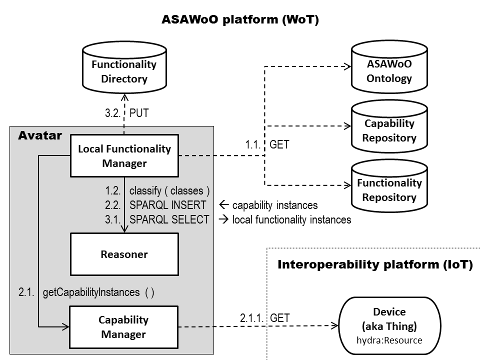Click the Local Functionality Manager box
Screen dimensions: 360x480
pyautogui.click(x=124, y=155)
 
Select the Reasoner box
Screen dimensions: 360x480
pyautogui.click(x=124, y=254)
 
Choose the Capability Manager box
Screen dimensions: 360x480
pyautogui.click(x=123, y=327)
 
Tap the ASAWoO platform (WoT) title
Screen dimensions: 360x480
pyautogui.click(x=240, y=20)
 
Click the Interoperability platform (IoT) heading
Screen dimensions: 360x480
pyautogui.click(x=375, y=264)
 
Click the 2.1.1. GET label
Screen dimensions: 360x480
pyautogui.click(x=264, y=317)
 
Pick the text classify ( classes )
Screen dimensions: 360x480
pyautogui.click(x=169, y=191)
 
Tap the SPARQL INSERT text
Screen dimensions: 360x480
pyautogui.click(x=167, y=205)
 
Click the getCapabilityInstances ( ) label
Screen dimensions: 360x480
pyautogui.click(x=98, y=292)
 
